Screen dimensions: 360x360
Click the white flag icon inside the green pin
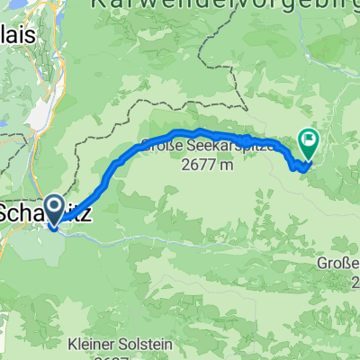pos(309,139)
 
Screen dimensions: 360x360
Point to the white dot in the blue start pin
pos(52,208)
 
